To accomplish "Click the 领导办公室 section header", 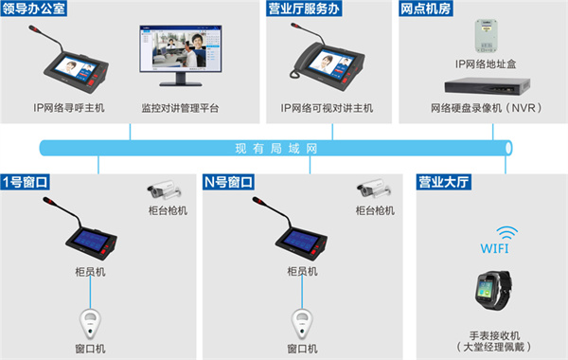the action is pyautogui.click(x=34, y=9).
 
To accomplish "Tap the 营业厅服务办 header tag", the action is pyautogui.click(x=304, y=9).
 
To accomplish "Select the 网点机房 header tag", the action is pyautogui.click(x=426, y=9).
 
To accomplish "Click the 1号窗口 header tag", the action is pyautogui.click(x=25, y=182).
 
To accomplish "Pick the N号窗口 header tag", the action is pyautogui.click(x=228, y=182).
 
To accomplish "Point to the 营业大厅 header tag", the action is pyautogui.click(x=443, y=182).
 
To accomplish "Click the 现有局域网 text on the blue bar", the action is pyautogui.click(x=276, y=149).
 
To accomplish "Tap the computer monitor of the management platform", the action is pyautogui.click(x=181, y=55).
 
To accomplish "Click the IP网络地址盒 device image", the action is pyautogui.click(x=486, y=36).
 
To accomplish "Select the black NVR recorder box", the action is pyautogui.click(x=488, y=86).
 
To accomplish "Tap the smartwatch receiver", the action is pyautogui.click(x=493, y=290).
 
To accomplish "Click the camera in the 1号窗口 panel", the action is pyautogui.click(x=165, y=189).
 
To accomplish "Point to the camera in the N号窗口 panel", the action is pyautogui.click(x=374, y=189).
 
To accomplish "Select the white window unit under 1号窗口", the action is pyautogui.click(x=90, y=324).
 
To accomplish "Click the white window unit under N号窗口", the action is pyautogui.click(x=302, y=324).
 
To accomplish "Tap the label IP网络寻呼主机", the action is pyautogui.click(x=69, y=108).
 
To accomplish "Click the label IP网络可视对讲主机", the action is pyautogui.click(x=327, y=108).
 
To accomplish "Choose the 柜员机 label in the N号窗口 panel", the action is pyautogui.click(x=302, y=271).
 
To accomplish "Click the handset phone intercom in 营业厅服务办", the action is pyautogui.click(x=328, y=57).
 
